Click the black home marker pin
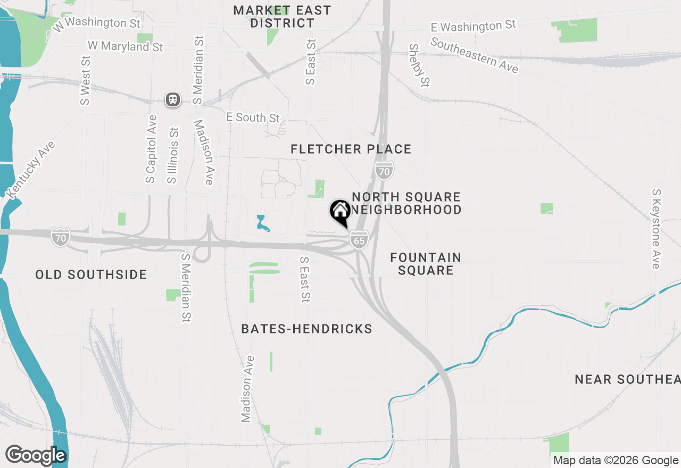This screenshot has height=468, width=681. point(340,212)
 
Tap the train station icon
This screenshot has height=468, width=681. point(173,99)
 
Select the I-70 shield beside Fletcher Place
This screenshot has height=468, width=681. point(384,171)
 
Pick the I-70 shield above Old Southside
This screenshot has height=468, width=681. point(61,237)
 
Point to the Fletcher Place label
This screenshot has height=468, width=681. point(351,149)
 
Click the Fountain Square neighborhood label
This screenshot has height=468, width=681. point(426,264)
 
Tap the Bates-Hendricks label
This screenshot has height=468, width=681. point(307,329)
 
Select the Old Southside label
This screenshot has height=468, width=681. point(91,274)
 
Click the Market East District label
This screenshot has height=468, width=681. point(282,16)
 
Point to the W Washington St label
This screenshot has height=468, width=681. point(96,23)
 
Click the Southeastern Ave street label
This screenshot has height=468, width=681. point(474,56)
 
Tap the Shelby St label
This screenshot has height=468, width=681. point(419,65)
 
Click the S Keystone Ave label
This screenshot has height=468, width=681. point(658,229)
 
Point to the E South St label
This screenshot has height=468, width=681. point(253,118)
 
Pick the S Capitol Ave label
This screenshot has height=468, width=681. point(152,149)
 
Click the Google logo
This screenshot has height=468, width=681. point(36,456)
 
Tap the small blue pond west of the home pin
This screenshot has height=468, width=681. point(262,224)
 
